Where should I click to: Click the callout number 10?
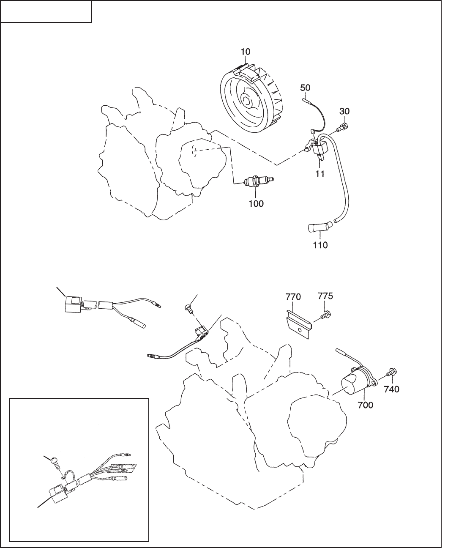click(x=246, y=52)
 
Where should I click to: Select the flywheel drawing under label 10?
click(x=249, y=99)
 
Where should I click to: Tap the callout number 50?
click(x=305, y=88)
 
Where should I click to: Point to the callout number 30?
click(x=344, y=111)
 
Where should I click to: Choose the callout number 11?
click(x=320, y=174)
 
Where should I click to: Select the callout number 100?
click(x=256, y=204)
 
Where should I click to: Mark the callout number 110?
click(x=320, y=245)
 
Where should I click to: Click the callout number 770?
click(x=293, y=297)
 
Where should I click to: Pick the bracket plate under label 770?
click(x=298, y=323)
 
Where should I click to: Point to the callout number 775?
click(x=325, y=296)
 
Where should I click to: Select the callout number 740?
click(x=391, y=389)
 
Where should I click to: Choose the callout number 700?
click(x=365, y=405)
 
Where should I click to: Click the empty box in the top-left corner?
click(x=46, y=11)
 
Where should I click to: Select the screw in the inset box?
click(x=55, y=462)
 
